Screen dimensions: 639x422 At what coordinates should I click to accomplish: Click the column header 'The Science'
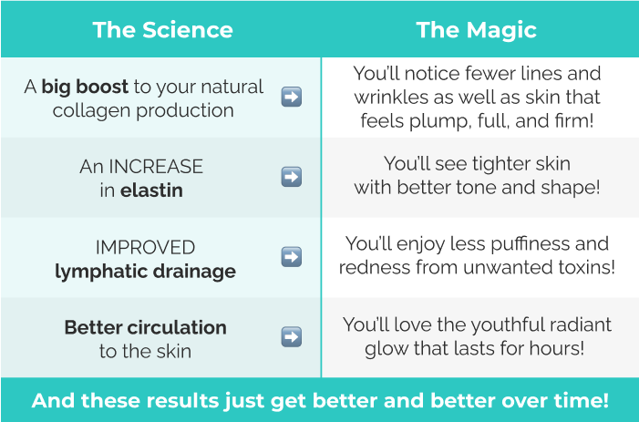(x=162, y=30)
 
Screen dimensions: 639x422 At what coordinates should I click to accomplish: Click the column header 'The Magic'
(x=476, y=31)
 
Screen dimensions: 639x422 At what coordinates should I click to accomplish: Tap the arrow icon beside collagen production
(x=292, y=97)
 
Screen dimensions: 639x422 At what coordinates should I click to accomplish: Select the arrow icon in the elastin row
(x=292, y=177)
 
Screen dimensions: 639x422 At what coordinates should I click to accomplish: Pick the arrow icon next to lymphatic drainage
(x=292, y=257)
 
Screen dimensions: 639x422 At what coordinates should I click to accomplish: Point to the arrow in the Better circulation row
(x=292, y=337)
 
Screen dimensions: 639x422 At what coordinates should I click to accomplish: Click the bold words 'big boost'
(x=85, y=87)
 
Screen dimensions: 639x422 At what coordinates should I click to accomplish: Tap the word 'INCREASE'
(x=156, y=167)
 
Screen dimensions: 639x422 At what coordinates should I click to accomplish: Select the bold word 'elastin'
(x=151, y=190)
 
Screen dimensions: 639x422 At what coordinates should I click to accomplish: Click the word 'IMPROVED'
(x=145, y=248)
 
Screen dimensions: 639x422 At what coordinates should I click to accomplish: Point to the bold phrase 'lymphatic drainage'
(x=145, y=272)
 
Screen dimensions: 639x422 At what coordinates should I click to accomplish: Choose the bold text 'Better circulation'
(x=146, y=327)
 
